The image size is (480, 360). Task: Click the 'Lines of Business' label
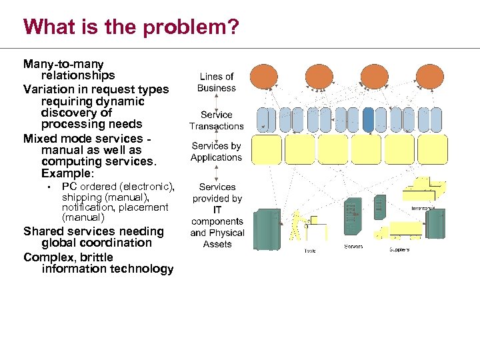(x=217, y=82)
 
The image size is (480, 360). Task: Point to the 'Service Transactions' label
(x=217, y=120)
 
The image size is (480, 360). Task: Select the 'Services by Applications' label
(x=217, y=151)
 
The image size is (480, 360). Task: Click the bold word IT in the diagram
(x=217, y=210)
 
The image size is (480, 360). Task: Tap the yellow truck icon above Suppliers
(x=382, y=233)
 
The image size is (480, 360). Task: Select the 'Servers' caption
(x=353, y=247)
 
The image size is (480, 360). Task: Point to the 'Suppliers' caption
(x=399, y=250)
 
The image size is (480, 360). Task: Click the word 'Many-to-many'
(x=63, y=64)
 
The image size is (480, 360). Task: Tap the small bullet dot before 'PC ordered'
(x=50, y=187)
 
